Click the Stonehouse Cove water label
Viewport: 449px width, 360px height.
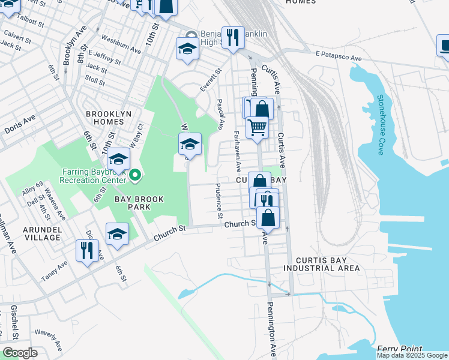click(x=380, y=124)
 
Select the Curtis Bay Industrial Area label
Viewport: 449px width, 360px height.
click(x=322, y=264)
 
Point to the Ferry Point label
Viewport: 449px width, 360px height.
click(x=400, y=349)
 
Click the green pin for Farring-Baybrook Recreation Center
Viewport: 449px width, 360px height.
click(x=136, y=175)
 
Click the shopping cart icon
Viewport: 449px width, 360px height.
click(x=257, y=127)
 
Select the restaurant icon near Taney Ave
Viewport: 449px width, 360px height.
click(x=87, y=250)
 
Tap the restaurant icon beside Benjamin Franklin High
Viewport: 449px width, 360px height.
click(x=232, y=37)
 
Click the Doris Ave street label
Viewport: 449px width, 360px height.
click(x=20, y=128)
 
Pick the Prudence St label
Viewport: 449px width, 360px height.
click(x=219, y=201)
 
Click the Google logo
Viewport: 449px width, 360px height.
click(x=20, y=352)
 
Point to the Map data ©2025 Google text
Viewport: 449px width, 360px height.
click(x=411, y=355)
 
